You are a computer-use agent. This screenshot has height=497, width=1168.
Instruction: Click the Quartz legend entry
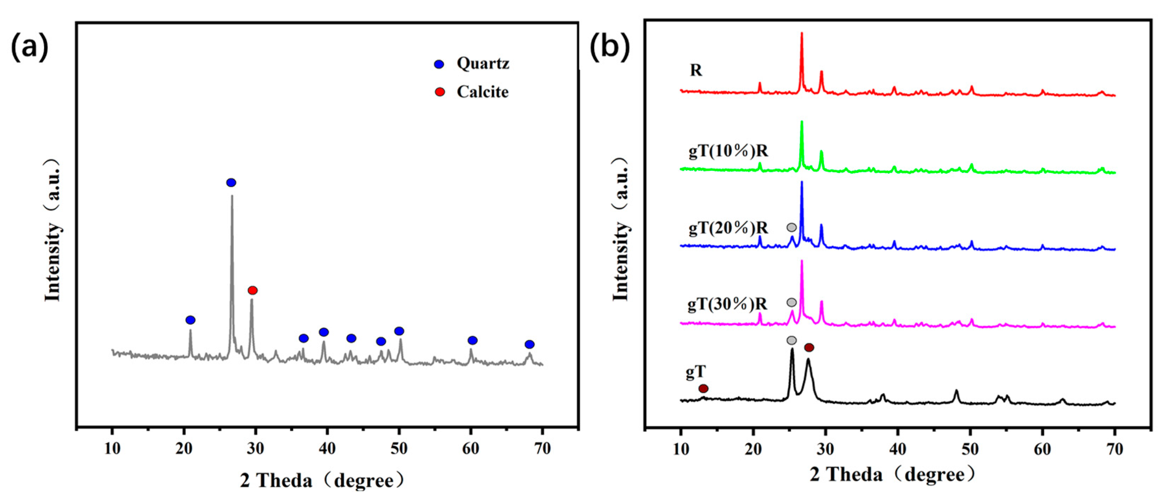pyautogui.click(x=472, y=63)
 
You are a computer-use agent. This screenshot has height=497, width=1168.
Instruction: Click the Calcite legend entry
pyautogui.click(x=472, y=92)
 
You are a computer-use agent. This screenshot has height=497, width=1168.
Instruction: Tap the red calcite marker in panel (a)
pyautogui.click(x=252, y=290)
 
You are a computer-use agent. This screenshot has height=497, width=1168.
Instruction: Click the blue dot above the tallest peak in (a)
pyautogui.click(x=231, y=182)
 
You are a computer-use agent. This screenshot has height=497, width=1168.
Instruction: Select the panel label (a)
pyautogui.click(x=30, y=46)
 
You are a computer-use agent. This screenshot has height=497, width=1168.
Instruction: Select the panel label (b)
pyautogui.click(x=610, y=46)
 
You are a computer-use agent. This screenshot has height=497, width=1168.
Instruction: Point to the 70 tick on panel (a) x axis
pyautogui.click(x=542, y=448)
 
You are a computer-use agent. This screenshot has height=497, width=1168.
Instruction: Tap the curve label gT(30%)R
pyautogui.click(x=727, y=304)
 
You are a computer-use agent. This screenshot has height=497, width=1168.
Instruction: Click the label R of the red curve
pyautogui.click(x=696, y=70)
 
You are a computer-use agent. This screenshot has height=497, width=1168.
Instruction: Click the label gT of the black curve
pyautogui.click(x=696, y=372)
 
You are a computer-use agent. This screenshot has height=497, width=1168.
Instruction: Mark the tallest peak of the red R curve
pyautogui.click(x=802, y=34)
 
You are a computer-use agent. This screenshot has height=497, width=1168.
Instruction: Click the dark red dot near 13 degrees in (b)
pyautogui.click(x=703, y=388)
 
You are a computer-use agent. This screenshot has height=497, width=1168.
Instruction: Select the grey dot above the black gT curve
pyautogui.click(x=791, y=340)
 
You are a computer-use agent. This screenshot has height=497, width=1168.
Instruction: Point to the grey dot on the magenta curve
pyautogui.click(x=791, y=302)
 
